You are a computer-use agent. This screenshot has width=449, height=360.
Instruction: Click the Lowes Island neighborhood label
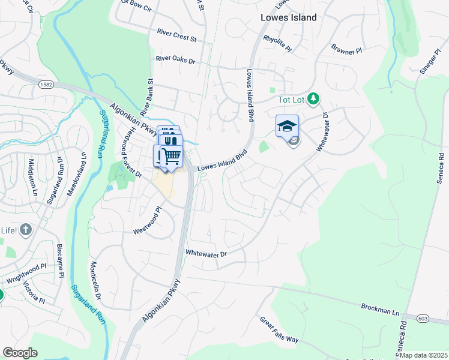point(288,17)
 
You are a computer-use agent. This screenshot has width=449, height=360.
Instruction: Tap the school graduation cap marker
point(287,125)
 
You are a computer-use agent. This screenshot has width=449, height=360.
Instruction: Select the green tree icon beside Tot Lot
point(312,98)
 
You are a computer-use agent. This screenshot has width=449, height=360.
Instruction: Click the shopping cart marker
point(172,155)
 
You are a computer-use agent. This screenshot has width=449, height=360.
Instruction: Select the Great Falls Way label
point(279,330)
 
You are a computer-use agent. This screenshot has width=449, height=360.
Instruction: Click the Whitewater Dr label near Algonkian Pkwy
point(206,254)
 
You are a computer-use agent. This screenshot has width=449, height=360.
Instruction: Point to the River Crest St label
point(176,35)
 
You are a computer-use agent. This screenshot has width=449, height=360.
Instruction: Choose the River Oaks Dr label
point(175,59)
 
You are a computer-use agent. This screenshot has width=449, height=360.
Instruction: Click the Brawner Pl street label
point(347,50)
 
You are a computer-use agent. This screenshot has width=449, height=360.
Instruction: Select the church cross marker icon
point(25,229)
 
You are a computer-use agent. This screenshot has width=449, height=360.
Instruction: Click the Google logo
point(20,353)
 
